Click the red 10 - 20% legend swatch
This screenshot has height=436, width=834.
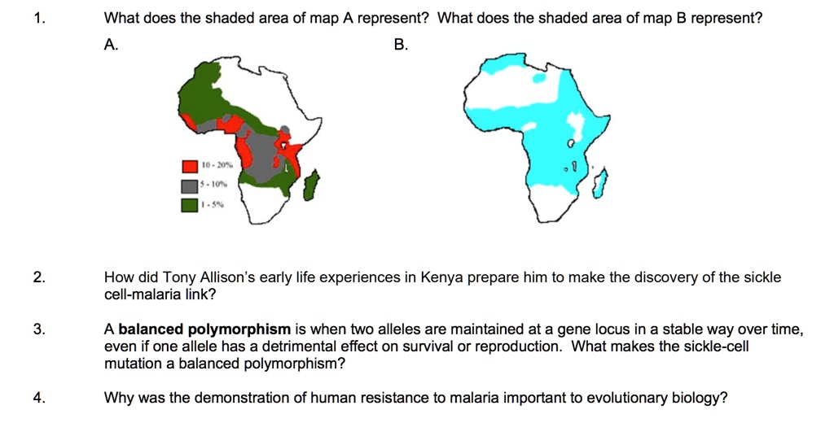(190, 167)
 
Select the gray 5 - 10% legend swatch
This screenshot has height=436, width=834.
(190, 185)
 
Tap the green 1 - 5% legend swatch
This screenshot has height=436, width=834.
(190, 204)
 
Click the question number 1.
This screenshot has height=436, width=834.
(38, 18)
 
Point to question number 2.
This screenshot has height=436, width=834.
(39, 277)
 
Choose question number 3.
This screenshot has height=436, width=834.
(39, 329)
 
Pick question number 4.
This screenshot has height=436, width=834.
(39, 398)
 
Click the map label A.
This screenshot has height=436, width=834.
(112, 46)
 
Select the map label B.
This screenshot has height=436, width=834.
(401, 46)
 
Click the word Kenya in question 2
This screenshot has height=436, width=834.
(441, 277)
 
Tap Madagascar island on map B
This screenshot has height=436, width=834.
(599, 186)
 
